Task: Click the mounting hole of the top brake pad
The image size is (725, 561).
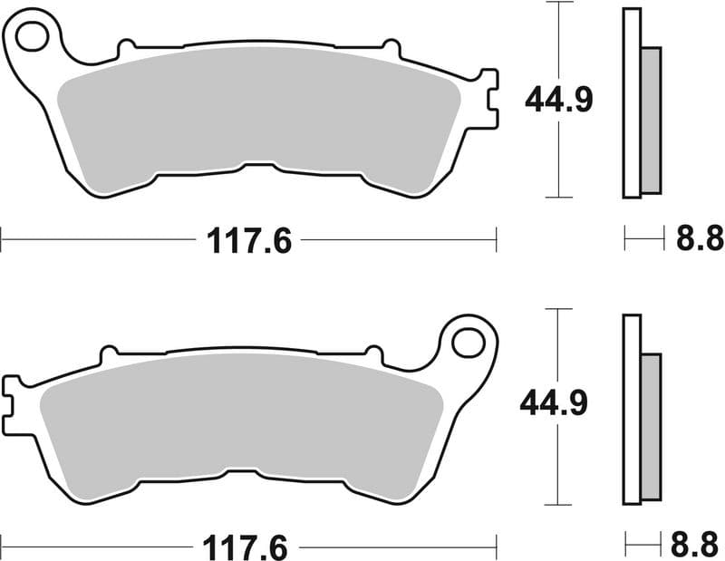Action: [x=32, y=37]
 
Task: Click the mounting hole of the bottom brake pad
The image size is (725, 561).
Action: [x=468, y=343]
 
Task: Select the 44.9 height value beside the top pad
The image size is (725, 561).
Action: [x=559, y=100]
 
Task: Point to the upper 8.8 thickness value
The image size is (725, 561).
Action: [x=701, y=239]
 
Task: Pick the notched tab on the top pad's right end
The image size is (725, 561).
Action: [x=488, y=98]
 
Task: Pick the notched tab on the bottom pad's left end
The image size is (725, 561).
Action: [x=13, y=402]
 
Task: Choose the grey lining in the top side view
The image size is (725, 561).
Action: [x=651, y=120]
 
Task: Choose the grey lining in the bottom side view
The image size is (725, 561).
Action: [x=651, y=427]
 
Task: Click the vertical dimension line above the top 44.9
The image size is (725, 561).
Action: [x=559, y=41]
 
